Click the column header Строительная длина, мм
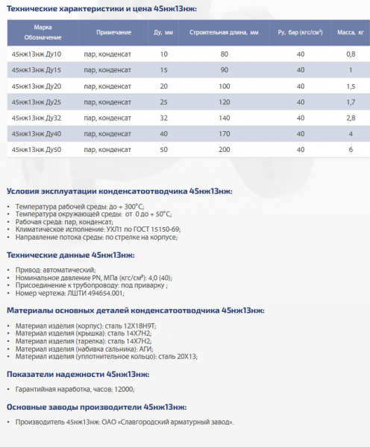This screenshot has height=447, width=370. point(224,34)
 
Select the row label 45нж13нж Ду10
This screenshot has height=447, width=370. point(37,54)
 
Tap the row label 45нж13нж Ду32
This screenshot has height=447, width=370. point(37,118)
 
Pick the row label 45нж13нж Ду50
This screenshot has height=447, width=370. point(37,149)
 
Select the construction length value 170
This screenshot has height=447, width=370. point(224,133)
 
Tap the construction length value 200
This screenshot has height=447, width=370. point(224,149)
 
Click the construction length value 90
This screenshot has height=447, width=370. point(224,70)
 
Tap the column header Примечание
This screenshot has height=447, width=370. point(114,34)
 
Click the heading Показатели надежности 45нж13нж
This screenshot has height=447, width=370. point(78,374)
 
